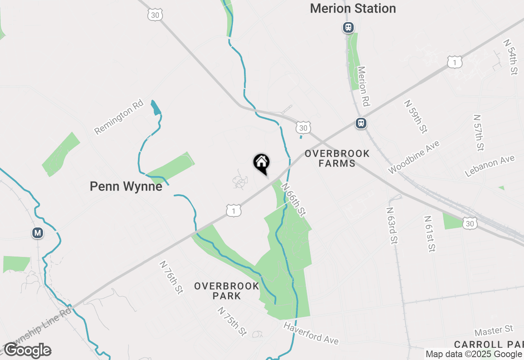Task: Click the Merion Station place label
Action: pyautogui.click(x=353, y=9)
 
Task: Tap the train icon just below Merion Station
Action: pyautogui.click(x=348, y=27)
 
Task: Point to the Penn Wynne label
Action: pyautogui.click(x=126, y=187)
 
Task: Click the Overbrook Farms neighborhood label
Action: pyautogui.click(x=337, y=159)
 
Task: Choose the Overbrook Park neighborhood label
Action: pyautogui.click(x=227, y=291)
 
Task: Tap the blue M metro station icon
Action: pyautogui.click(x=38, y=233)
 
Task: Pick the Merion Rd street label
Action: pyautogui.click(x=364, y=86)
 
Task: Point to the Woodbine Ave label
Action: pyautogui.click(x=414, y=157)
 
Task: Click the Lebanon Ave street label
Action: pyautogui.click(x=490, y=166)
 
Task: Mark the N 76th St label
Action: pyautogui.click(x=171, y=278)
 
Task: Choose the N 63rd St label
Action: pyautogui.click(x=392, y=225)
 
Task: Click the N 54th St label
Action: pyautogui.click(x=511, y=57)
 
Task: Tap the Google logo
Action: pyautogui.click(x=27, y=351)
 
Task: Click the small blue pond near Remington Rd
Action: pyautogui.click(x=156, y=108)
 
